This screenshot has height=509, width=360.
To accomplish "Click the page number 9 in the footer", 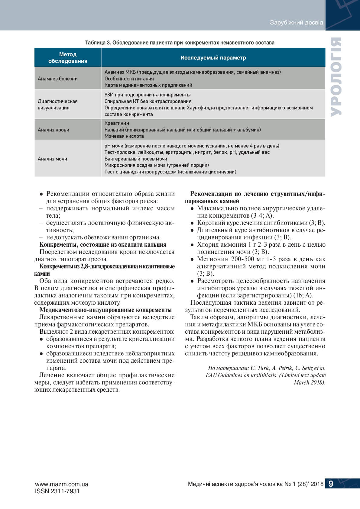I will (331, 484).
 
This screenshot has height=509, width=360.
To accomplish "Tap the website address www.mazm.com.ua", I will (61, 484).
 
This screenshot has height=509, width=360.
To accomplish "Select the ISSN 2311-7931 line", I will (57, 491).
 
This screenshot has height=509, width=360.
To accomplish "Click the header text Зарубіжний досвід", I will (296, 23).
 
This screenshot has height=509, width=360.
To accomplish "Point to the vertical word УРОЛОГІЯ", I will (336, 77).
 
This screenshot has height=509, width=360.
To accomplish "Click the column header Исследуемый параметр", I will (213, 58).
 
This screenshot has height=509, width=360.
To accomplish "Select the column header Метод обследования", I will (68, 58).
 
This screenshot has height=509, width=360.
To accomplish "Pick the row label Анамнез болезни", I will (58, 79).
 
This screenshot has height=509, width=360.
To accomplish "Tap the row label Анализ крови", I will (54, 130).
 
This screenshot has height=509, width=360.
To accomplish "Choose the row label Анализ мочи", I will (52, 159).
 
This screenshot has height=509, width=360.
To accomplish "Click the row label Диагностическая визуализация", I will (58, 105).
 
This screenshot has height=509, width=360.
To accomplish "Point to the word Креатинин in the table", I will (117, 123).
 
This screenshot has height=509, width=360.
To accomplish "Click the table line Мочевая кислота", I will (124, 136).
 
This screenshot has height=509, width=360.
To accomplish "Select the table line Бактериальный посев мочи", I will (136, 159).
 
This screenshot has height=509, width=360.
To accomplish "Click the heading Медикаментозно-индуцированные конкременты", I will (105, 310).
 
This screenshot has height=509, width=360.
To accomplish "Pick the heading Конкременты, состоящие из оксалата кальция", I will (103, 245).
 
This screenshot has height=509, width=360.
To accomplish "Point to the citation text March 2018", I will (309, 382).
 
